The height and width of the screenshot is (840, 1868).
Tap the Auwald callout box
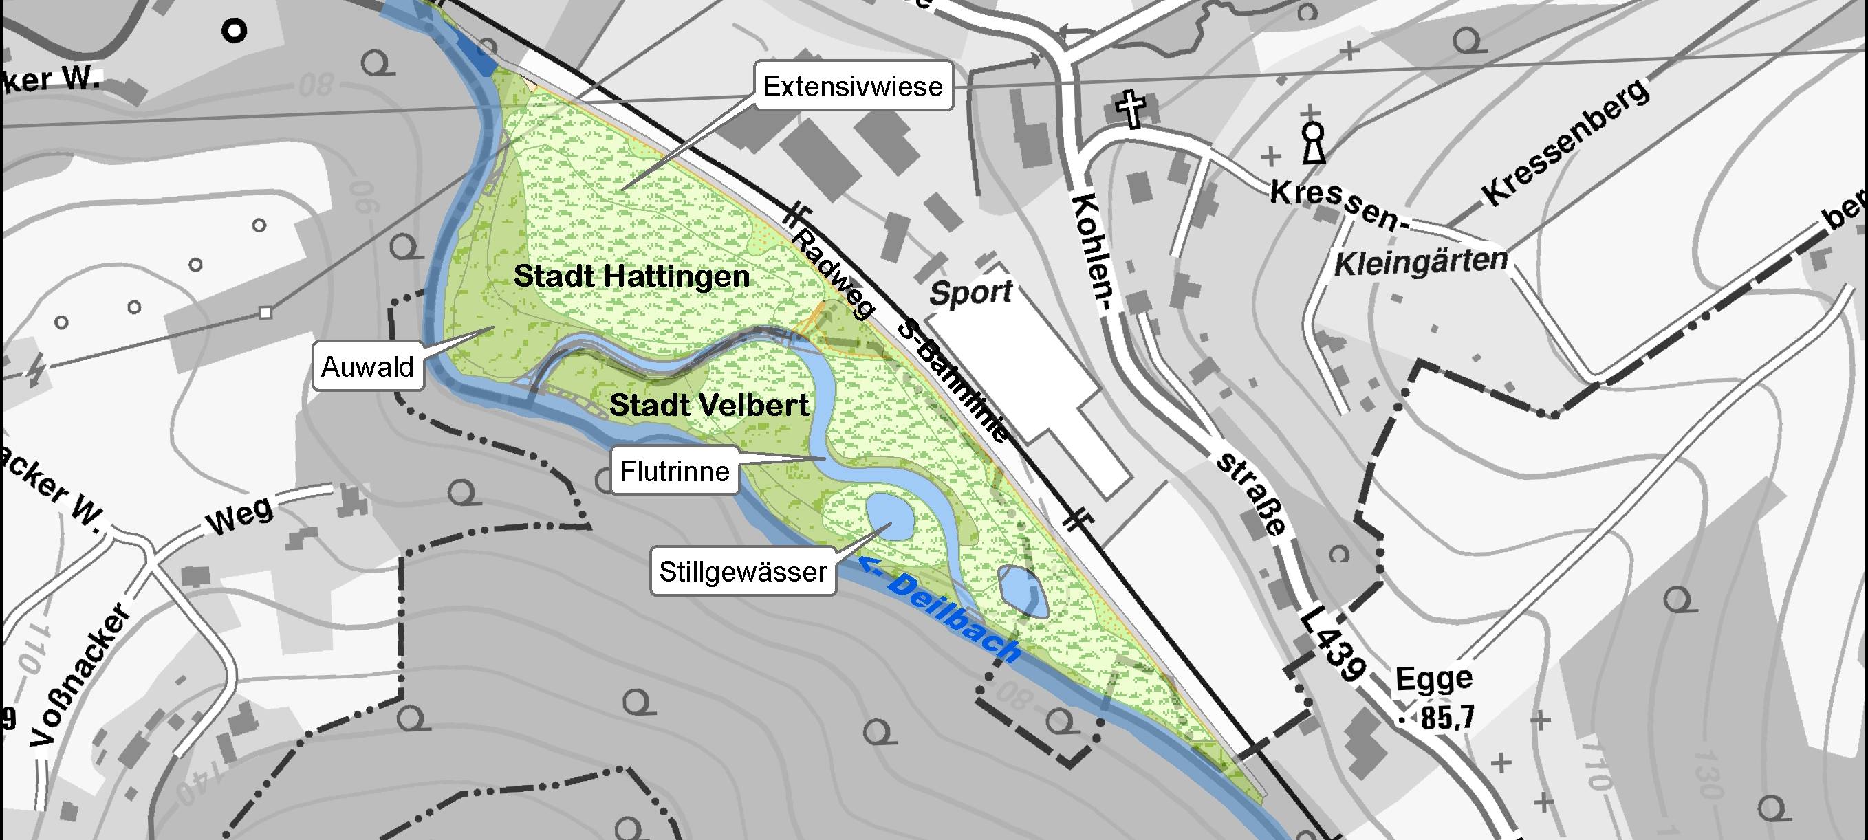click(x=368, y=367)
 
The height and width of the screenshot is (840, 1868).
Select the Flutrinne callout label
click(x=675, y=472)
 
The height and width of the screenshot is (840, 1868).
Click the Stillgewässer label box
click(x=743, y=572)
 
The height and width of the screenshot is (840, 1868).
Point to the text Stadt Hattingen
click(x=631, y=277)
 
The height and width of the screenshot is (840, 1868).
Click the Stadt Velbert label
click(x=708, y=405)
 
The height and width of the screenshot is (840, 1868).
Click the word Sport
click(x=970, y=293)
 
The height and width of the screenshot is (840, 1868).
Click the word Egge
click(x=1433, y=679)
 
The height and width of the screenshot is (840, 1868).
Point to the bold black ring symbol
click(x=235, y=31)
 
